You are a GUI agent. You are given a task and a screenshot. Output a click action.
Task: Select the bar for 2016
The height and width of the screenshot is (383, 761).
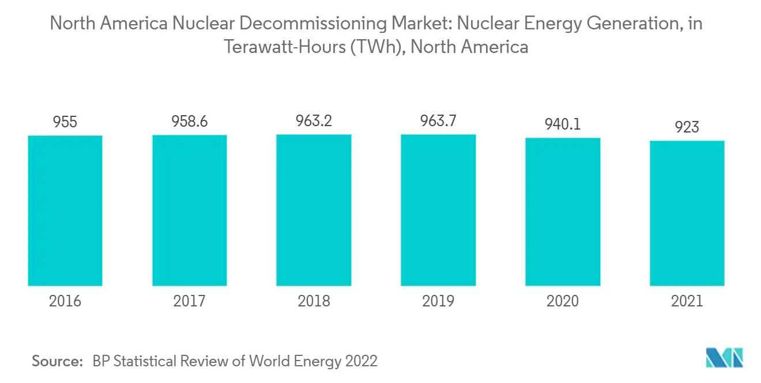tap(65, 211)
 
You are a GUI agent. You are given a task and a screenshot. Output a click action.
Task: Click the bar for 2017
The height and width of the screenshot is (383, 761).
tap(189, 210)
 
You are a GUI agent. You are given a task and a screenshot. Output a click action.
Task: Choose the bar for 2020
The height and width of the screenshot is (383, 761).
tap(563, 212)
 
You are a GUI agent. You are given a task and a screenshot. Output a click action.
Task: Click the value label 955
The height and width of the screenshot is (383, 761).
tap(65, 123)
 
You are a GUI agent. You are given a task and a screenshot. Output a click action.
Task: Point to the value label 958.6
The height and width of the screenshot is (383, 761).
tap(189, 122)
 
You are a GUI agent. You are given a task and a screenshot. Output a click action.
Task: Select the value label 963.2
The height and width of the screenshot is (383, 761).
tap(314, 122)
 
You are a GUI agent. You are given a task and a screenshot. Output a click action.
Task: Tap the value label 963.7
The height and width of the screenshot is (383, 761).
tap(438, 122)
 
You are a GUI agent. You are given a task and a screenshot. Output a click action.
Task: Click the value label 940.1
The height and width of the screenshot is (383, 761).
tap(563, 125)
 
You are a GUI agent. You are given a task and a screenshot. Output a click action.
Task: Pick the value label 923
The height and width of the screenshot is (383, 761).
tap(687, 127)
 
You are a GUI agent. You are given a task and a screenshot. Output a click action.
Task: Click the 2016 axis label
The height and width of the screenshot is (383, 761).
tap(65, 301)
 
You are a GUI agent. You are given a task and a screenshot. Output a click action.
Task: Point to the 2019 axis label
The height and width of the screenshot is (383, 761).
tap(438, 301)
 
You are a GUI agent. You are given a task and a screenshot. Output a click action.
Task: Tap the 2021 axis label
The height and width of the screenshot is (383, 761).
tap(687, 301)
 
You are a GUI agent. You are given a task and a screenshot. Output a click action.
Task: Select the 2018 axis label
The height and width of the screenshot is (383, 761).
tap(314, 301)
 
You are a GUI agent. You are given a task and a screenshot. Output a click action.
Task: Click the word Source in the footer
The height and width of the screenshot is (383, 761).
tap(57, 361)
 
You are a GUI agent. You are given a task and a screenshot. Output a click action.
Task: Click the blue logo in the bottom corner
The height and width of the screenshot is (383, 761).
tap(725, 358)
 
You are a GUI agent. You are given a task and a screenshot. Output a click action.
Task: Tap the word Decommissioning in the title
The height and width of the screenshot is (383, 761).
tap(309, 24)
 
